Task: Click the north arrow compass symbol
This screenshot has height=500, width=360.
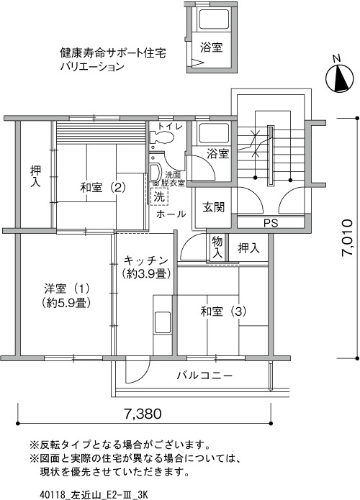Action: [x=339, y=76]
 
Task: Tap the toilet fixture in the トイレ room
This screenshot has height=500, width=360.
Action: [x=161, y=137]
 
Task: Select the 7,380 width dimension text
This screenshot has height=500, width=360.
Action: [x=143, y=414]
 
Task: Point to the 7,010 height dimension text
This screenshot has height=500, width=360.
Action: [x=347, y=237]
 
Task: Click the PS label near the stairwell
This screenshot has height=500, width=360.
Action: [x=271, y=223]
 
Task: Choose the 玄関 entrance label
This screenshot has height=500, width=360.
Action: [x=214, y=207]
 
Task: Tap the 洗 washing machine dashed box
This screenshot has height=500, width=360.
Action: [x=159, y=196]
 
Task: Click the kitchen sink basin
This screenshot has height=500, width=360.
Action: [x=163, y=322]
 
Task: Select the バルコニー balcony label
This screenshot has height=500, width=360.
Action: [x=204, y=376]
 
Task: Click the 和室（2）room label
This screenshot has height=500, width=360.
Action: [x=103, y=187]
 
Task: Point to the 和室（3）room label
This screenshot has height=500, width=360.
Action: [x=223, y=312]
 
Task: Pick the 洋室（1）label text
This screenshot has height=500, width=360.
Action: [x=67, y=288]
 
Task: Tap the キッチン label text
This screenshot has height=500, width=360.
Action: [x=145, y=260]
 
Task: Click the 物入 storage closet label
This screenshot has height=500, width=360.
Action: [x=217, y=247]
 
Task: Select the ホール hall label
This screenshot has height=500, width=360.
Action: [x=171, y=214]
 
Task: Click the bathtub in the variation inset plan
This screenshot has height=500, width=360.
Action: [x=214, y=19]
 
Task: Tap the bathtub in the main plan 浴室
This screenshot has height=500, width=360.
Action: [x=214, y=134]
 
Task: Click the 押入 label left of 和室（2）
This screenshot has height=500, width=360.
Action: [x=35, y=176]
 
